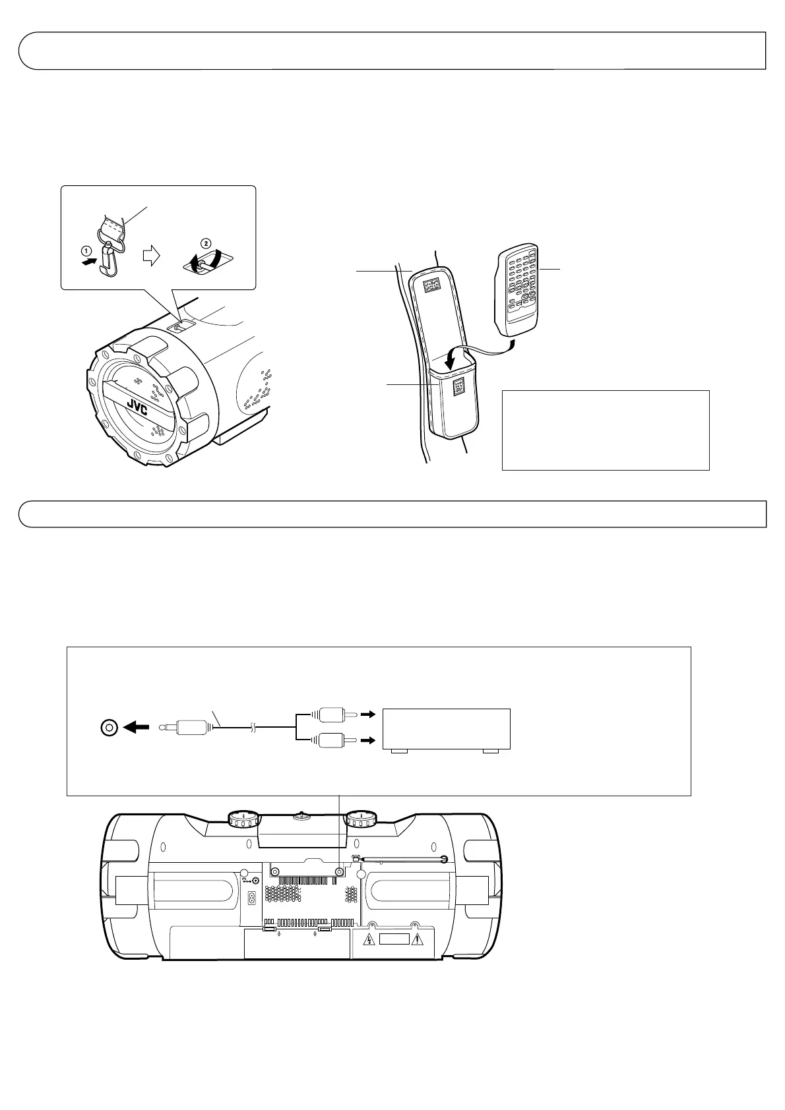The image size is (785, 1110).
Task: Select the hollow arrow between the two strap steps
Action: click(x=152, y=256)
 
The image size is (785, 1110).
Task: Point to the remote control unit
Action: click(x=518, y=289)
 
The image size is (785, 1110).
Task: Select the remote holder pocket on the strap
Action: click(x=453, y=402)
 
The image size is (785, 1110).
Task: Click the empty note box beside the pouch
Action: click(x=606, y=430)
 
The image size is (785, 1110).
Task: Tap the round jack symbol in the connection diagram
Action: click(x=108, y=728)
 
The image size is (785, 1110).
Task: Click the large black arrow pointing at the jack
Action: click(x=137, y=728)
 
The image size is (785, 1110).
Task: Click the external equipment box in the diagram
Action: click(x=447, y=729)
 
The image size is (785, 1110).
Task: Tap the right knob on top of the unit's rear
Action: click(x=361, y=819)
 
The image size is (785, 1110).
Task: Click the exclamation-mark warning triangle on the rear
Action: click(x=416, y=941)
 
